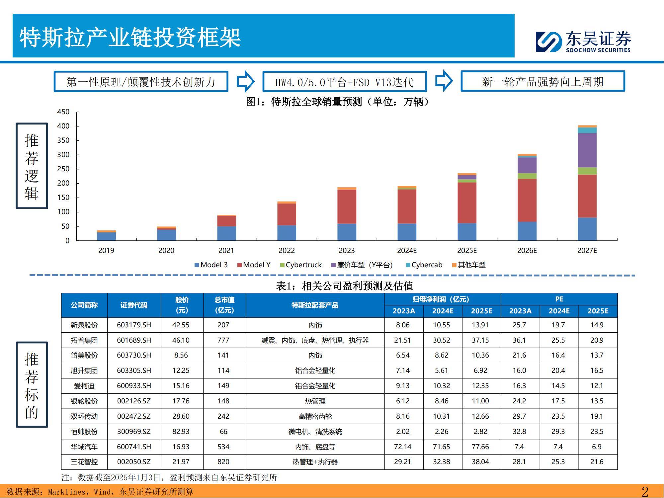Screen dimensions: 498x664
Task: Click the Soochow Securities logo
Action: [583, 42]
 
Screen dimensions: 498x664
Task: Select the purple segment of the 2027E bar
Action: [587, 150]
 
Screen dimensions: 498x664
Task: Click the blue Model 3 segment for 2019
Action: [106, 236]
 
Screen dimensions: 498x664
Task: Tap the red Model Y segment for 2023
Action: [347, 206]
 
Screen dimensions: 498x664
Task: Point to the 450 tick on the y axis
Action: [63, 112]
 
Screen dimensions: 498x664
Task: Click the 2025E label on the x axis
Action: [467, 251]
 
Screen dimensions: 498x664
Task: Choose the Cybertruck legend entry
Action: [301, 265]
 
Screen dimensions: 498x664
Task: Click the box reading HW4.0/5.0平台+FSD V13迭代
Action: [344, 82]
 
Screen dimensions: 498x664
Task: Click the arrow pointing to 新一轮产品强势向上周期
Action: [444, 81]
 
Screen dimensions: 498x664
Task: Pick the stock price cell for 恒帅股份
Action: [181, 432]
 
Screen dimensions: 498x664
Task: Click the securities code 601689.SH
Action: [134, 340]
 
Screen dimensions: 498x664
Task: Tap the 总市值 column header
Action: [224, 305]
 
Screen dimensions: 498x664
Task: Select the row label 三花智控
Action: [84, 462]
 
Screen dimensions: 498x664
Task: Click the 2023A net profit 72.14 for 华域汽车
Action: [403, 447]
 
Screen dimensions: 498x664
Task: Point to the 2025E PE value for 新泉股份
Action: [597, 325]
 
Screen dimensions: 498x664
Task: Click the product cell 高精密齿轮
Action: [315, 416]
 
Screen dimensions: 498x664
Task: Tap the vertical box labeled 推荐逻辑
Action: [32, 166]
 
